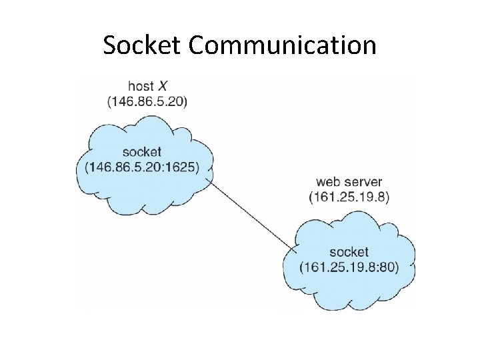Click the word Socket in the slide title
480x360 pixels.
pos(143,45)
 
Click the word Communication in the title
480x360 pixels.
pos(283,45)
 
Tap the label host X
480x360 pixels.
pos(147,87)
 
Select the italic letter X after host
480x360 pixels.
pos(162,87)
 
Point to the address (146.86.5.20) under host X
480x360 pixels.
pos(147,101)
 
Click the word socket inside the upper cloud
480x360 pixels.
pos(142,152)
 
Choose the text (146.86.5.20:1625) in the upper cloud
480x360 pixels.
pos(142,167)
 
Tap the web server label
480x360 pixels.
pos(349,181)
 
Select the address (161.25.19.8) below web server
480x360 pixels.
pos(349,197)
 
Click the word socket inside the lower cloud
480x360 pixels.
pos(349,252)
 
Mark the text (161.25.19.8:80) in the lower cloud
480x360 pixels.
pos(349,267)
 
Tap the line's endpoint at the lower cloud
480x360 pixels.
pos(295,252)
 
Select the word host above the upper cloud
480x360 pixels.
pos(140,87)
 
